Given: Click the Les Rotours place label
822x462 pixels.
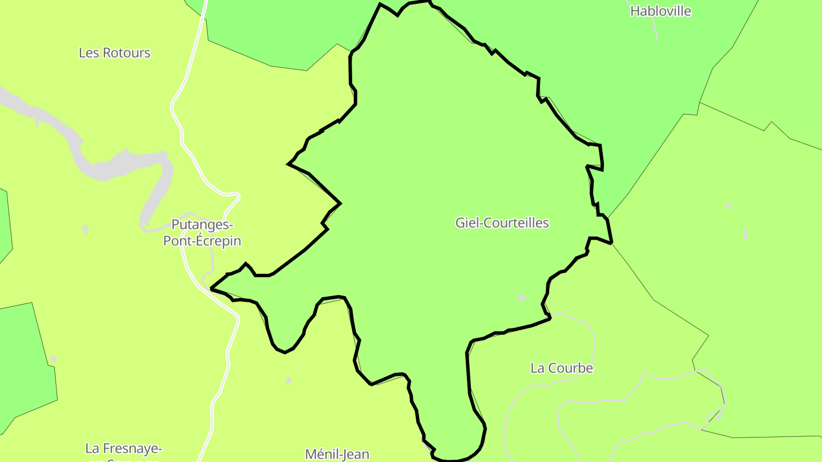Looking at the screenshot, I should pos(114,53).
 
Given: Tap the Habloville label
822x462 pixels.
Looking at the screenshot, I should pos(660,11).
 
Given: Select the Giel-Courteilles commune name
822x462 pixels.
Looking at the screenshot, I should pos(502,223).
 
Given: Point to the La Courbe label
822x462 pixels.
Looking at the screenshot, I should pos(562,368).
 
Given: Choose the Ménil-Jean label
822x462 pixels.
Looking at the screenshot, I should pos(337,454).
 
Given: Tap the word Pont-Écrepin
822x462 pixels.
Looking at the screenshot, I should pos(202,241).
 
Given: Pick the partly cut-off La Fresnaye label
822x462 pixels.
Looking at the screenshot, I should pos(123,449).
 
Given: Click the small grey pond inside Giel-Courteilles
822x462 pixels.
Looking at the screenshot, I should pos(521,297).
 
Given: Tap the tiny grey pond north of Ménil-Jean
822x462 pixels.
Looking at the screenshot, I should pos(288,380).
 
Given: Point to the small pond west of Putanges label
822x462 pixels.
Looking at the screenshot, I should pos(85,229).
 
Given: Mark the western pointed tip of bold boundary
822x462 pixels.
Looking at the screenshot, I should pos(212,289).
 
